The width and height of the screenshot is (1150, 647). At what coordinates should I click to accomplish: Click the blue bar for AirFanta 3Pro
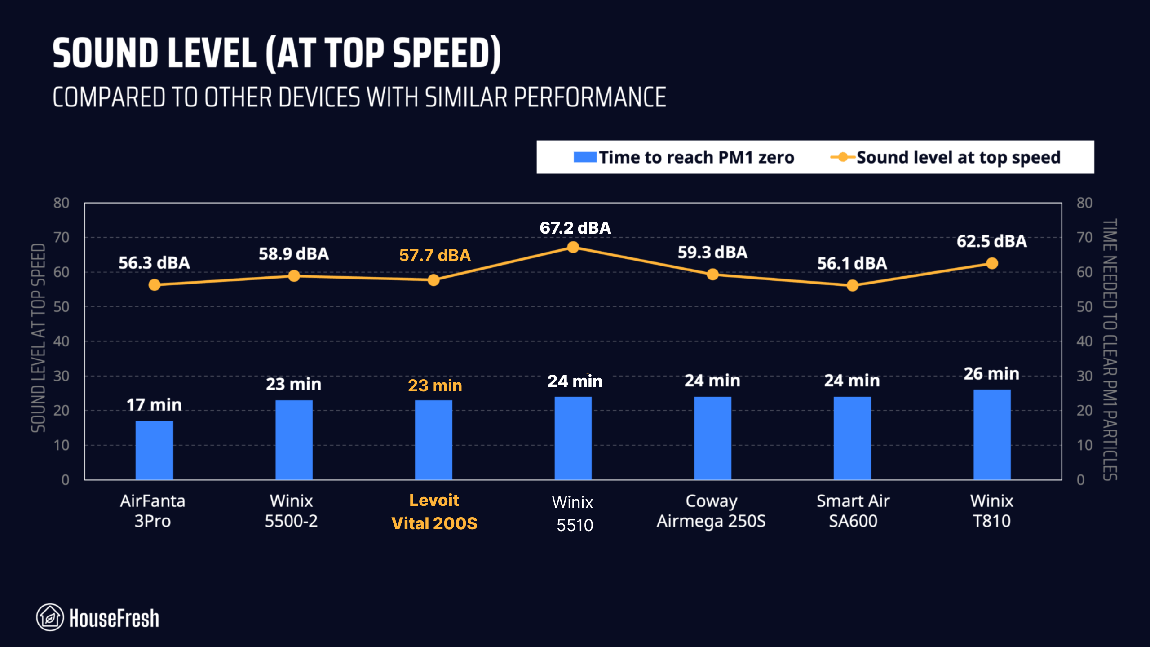click(154, 450)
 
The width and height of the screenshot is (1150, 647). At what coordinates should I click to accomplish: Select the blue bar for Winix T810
click(992, 434)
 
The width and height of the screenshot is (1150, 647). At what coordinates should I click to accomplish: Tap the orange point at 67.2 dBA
click(573, 247)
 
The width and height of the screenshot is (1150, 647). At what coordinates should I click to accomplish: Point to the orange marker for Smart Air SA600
click(852, 285)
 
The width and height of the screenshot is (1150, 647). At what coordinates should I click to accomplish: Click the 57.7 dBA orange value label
click(434, 255)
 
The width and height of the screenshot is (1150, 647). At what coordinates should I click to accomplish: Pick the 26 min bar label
click(991, 374)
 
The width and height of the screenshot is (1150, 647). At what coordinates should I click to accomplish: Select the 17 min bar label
click(154, 405)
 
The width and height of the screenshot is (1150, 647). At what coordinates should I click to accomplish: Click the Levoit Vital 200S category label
click(434, 512)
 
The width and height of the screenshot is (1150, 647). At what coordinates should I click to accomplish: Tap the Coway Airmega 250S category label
click(711, 511)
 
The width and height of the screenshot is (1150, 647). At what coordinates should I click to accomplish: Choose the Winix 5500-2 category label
click(292, 511)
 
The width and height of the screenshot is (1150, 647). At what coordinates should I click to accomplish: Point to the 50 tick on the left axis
click(62, 307)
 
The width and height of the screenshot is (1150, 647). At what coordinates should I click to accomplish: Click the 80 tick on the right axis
click(1084, 203)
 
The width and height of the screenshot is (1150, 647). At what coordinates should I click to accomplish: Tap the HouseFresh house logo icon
click(50, 617)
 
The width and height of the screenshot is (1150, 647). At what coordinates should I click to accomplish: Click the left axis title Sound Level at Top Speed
click(39, 338)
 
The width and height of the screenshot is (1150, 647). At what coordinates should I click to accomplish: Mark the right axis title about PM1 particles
click(1110, 350)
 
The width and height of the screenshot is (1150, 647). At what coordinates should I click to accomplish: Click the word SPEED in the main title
click(447, 53)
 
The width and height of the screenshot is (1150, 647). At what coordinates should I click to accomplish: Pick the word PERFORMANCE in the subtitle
click(590, 97)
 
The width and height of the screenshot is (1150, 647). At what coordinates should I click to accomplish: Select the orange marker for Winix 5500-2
click(294, 276)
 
